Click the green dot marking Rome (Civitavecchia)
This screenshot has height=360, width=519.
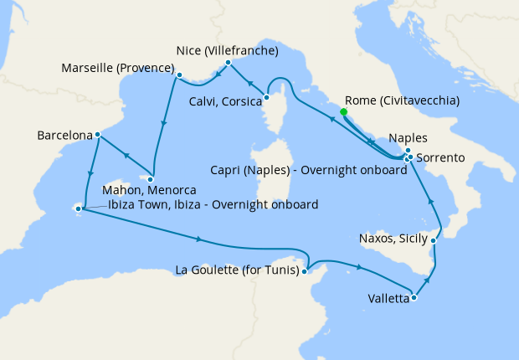click(x=344, y=111)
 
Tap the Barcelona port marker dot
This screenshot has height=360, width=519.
click(x=98, y=134)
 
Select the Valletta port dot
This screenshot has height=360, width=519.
click(x=414, y=297)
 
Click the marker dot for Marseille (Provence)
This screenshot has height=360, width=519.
click(x=178, y=76)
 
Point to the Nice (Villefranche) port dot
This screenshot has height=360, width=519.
click(x=228, y=62)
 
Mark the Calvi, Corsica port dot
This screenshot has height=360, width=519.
click(x=267, y=97)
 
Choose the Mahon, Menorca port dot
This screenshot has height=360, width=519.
click(x=151, y=178)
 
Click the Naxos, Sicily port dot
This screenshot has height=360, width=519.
click(x=434, y=240)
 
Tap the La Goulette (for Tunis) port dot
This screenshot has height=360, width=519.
click(x=306, y=270)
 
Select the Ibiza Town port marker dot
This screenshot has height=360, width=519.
click(x=80, y=208)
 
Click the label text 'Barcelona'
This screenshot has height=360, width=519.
click(x=64, y=134)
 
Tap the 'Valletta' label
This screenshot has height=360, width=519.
click(x=388, y=298)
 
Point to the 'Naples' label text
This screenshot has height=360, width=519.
click(x=409, y=138)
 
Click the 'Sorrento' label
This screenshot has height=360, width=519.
click(x=444, y=157)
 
